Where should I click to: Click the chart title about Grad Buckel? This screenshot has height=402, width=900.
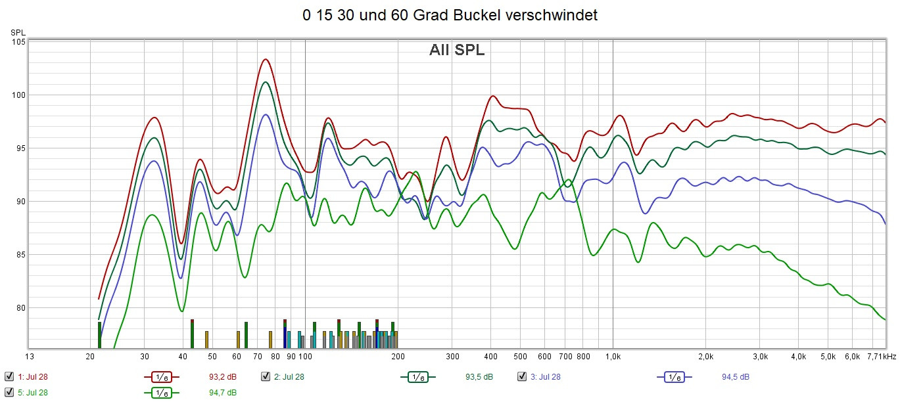tap(450, 16)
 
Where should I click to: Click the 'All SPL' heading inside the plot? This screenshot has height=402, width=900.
tap(457, 50)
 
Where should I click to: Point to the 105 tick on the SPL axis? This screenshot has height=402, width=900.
tap(18, 42)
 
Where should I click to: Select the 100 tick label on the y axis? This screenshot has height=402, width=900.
tap(18, 95)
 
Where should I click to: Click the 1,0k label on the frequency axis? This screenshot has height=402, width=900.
tap(613, 357)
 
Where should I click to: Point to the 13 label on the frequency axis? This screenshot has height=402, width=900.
tap(28, 357)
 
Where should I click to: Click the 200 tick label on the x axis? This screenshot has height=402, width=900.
tap(397, 357)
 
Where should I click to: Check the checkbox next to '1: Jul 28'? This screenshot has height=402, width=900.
tap(9, 377)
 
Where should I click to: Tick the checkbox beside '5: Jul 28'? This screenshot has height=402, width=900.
tap(9, 393)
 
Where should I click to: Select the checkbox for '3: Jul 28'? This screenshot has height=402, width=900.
tap(522, 377)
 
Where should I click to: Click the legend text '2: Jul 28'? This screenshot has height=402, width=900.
tap(289, 377)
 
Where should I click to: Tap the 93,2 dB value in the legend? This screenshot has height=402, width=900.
tap(212, 377)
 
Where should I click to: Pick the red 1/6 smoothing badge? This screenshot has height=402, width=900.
tap(161, 377)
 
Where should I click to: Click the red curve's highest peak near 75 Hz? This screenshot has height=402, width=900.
tap(265, 59)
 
